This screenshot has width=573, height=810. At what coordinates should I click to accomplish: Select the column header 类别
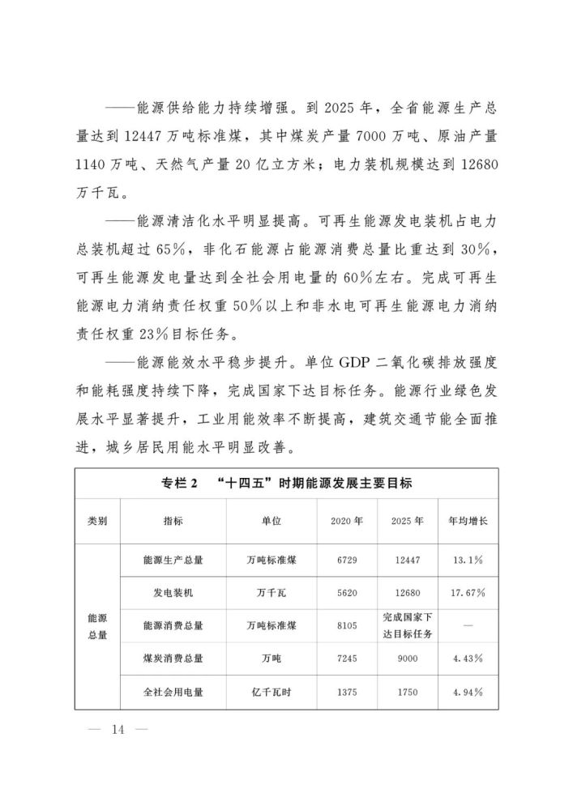(x=98, y=521)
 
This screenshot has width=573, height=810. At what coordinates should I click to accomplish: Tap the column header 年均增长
(x=468, y=521)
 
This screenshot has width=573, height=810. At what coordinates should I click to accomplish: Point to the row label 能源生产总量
(x=173, y=560)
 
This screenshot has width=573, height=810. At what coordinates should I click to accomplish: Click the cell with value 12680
(x=408, y=593)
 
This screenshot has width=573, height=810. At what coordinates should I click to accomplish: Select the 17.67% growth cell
(x=468, y=593)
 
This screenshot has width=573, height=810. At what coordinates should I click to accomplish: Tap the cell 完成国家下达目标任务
(x=408, y=626)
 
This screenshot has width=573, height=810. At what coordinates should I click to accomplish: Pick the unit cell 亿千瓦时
(x=272, y=693)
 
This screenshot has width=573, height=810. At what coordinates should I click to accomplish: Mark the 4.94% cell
(x=468, y=693)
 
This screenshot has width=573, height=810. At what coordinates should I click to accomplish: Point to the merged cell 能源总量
(x=98, y=626)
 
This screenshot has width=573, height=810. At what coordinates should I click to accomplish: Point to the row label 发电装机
(x=173, y=593)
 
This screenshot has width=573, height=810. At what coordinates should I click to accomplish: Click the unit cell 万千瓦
(x=272, y=593)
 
